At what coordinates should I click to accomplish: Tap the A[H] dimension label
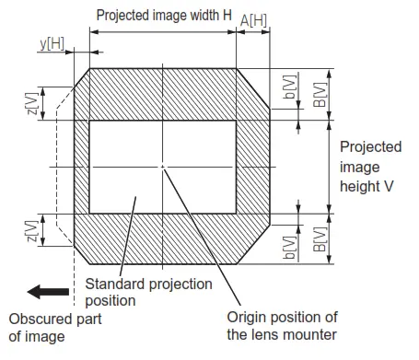click(x=253, y=20)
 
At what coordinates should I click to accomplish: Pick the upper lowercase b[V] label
click(x=289, y=101)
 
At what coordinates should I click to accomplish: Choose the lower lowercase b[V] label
click(x=289, y=245)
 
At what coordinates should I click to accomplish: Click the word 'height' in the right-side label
click(x=358, y=185)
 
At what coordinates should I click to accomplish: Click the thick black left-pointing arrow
click(x=48, y=293)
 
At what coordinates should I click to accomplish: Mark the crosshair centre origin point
click(x=162, y=166)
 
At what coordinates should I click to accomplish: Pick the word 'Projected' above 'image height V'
click(x=369, y=147)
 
